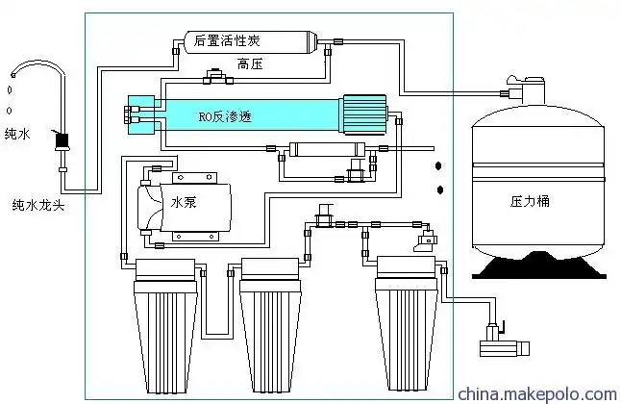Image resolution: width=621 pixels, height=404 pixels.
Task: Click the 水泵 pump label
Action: (x=183, y=204)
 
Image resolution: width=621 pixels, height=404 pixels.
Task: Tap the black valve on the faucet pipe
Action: (x=63, y=141)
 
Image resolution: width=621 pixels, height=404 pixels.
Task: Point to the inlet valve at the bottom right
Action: (x=494, y=341)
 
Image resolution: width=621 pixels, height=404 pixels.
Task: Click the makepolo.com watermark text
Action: (x=535, y=394)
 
